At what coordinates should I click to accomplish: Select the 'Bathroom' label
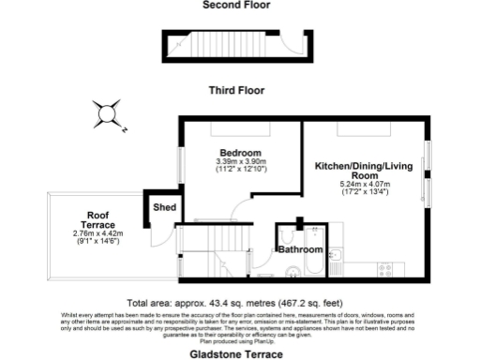click(299, 249)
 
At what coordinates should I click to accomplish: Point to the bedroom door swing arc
click(242, 211)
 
